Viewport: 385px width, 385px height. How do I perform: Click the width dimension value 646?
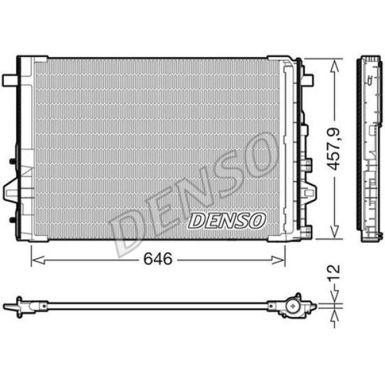(158, 259)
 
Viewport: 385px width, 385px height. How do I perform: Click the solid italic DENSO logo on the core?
(227, 221)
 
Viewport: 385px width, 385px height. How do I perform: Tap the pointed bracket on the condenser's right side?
(309, 191)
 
